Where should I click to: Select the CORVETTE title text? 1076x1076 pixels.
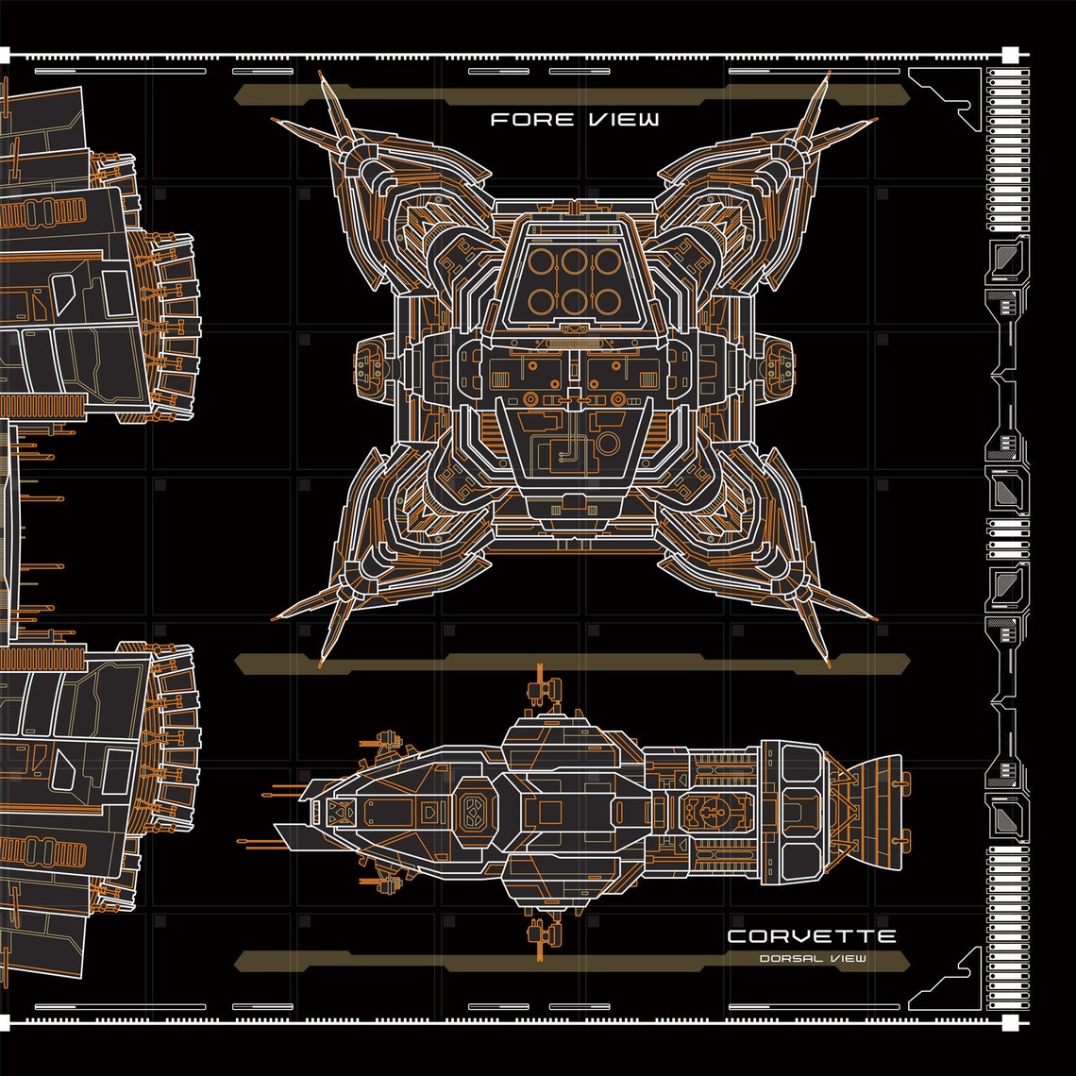[x=811, y=937]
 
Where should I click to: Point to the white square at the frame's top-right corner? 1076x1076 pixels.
[x=1009, y=54]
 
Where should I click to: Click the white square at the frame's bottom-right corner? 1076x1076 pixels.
[x=1009, y=1022]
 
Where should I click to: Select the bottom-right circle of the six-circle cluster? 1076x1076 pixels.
[x=609, y=301]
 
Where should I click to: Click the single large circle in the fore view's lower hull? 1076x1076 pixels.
[x=607, y=444]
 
